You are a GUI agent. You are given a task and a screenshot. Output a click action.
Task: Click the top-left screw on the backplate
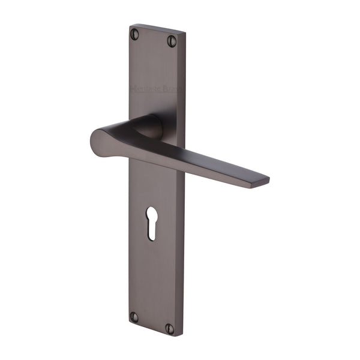point(134,34)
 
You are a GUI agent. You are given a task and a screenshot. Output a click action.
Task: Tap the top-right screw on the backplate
point(172,41)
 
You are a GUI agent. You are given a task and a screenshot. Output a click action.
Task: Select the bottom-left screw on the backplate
point(134,317)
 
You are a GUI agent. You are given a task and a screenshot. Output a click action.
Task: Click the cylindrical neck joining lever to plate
point(150,127)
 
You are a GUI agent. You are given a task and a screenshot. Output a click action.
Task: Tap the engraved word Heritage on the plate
point(144,88)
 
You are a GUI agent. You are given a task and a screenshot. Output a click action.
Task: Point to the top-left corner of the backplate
point(130,25)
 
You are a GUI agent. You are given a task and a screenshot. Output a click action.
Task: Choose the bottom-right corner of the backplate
point(182,336)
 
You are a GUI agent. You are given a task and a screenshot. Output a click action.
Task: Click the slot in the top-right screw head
point(172,41)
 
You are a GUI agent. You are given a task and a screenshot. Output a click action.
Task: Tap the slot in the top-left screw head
point(134,34)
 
